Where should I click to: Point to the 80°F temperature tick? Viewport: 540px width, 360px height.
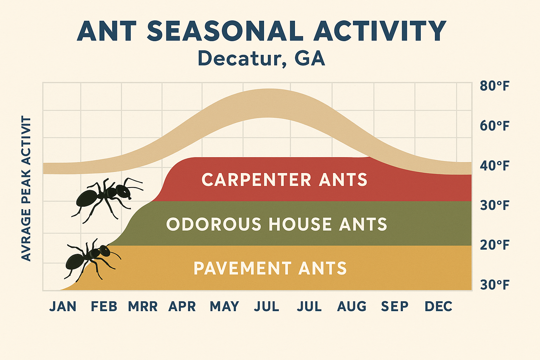coord(494,86)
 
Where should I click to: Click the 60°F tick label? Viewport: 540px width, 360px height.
coord(494,126)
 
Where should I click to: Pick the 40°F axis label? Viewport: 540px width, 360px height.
coord(494,166)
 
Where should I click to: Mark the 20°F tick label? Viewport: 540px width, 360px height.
coord(494,245)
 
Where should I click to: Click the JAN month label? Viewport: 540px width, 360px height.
coord(63,307)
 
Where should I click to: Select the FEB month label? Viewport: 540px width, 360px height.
coord(104,307)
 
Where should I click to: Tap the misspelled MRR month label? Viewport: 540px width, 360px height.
coord(143,307)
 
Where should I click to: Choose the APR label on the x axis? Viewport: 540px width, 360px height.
coord(182,307)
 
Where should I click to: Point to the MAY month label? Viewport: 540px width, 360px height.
coord(224,307)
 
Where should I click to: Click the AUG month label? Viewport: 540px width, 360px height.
coord(352,307)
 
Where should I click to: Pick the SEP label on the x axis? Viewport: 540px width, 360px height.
coord(394,307)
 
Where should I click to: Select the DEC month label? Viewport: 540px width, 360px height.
coord(438,307)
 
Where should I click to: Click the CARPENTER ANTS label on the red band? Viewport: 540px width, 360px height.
coord(284,180)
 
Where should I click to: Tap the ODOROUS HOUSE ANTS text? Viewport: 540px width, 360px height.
coord(276,224)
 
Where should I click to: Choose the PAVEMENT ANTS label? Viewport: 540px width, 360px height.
coord(270,269)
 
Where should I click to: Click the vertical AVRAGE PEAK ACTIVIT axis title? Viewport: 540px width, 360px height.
coord(26,189)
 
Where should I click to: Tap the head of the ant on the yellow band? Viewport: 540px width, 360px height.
coord(105,250)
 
